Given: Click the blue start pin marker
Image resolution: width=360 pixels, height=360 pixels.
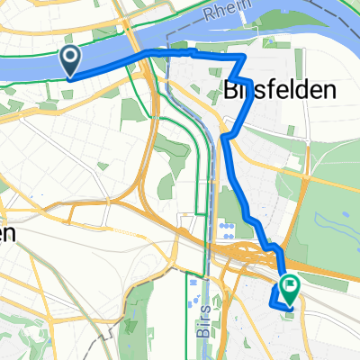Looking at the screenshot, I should (x=70, y=60).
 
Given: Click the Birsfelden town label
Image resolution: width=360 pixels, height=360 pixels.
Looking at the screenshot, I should (x=279, y=90).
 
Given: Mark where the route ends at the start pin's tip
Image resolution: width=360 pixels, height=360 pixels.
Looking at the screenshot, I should (x=70, y=76).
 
